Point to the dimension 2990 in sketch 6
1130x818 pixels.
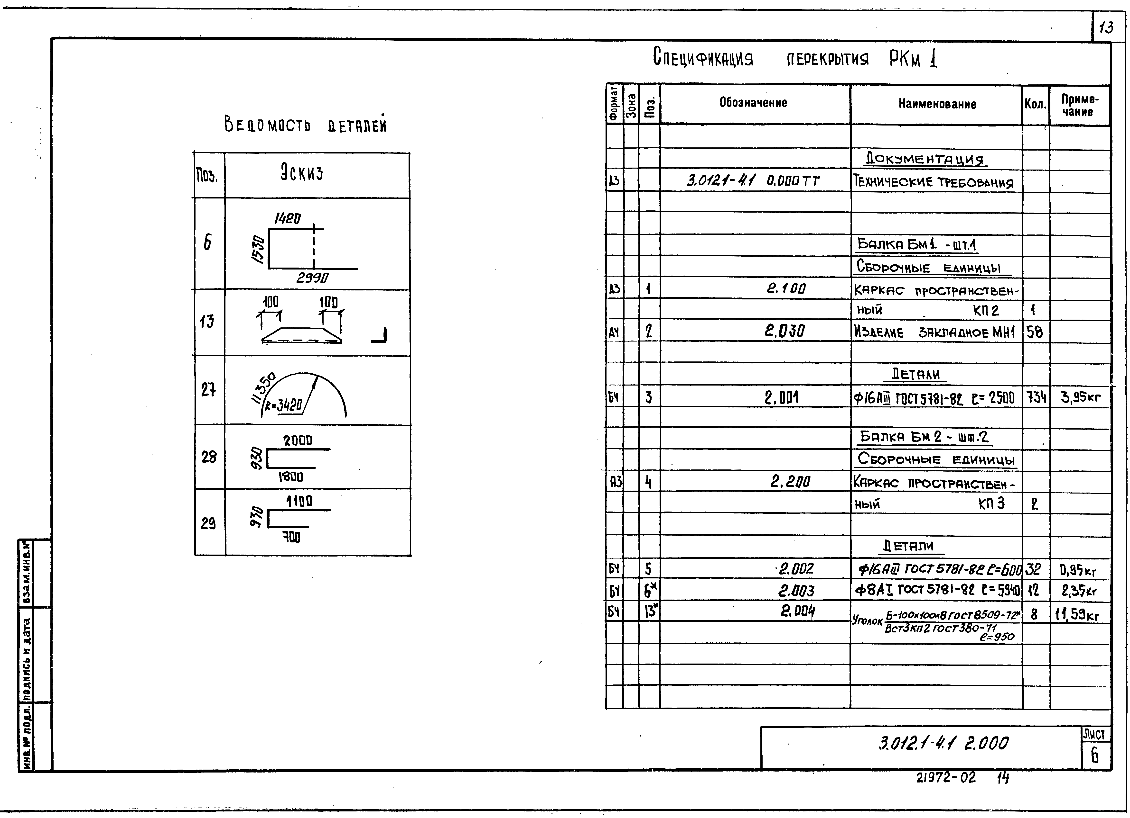tap(312, 278)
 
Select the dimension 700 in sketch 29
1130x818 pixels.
tap(291, 537)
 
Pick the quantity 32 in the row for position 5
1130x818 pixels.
tap(1034, 569)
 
